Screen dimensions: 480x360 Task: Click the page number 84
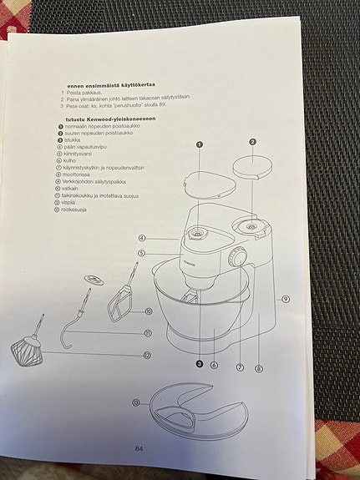click(139, 448)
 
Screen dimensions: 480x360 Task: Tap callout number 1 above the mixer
click(200, 144)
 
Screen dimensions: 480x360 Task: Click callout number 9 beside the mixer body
click(286, 299)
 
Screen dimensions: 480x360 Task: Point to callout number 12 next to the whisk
click(147, 355)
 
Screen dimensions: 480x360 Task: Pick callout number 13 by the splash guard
click(135, 402)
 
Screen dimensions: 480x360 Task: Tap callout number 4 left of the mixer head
click(143, 238)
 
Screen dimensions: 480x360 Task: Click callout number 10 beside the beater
click(148, 311)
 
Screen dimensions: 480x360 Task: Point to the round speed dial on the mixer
click(239, 259)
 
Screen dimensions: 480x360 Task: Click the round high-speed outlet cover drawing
click(252, 169)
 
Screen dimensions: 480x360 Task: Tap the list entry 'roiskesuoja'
click(78, 210)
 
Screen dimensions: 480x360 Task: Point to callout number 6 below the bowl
click(214, 365)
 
